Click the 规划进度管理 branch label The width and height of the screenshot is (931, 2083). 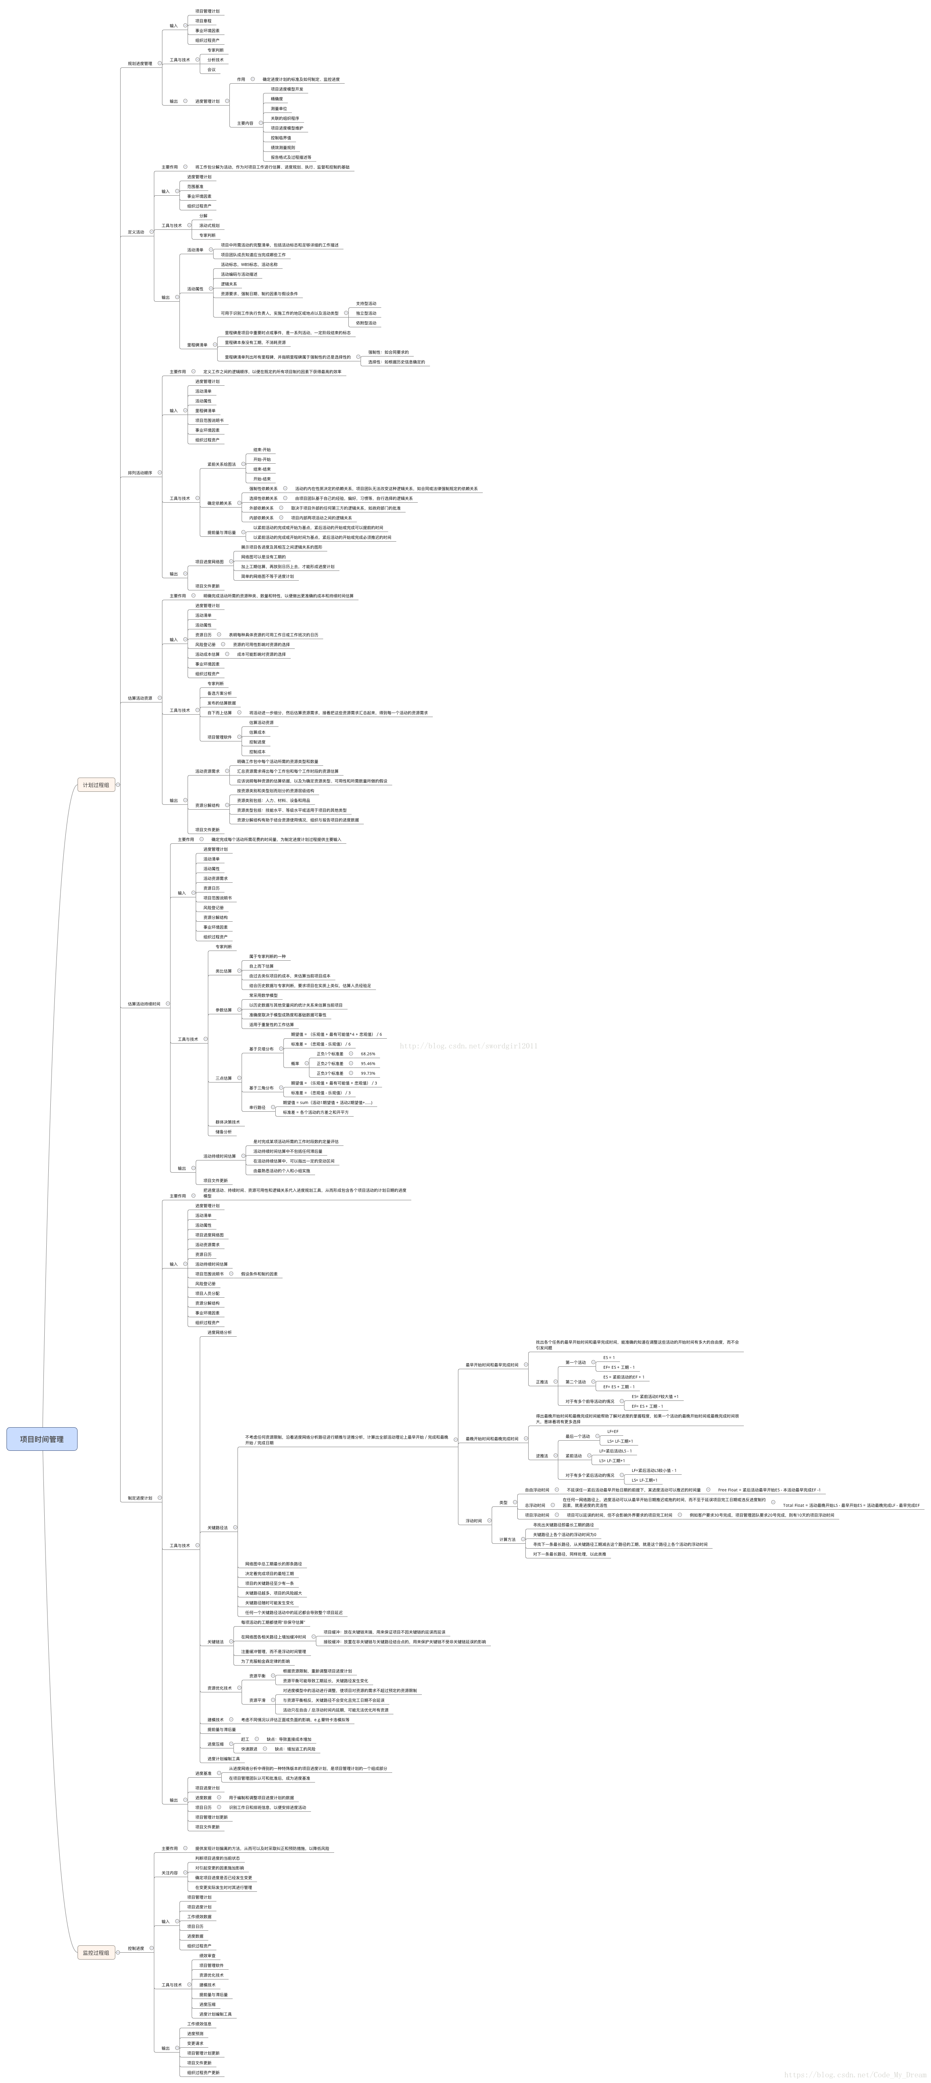pos(140,63)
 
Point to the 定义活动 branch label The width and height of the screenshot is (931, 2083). pos(136,232)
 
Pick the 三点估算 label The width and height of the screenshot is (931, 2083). pos(223,1078)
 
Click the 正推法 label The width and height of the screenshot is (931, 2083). pos(542,1382)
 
